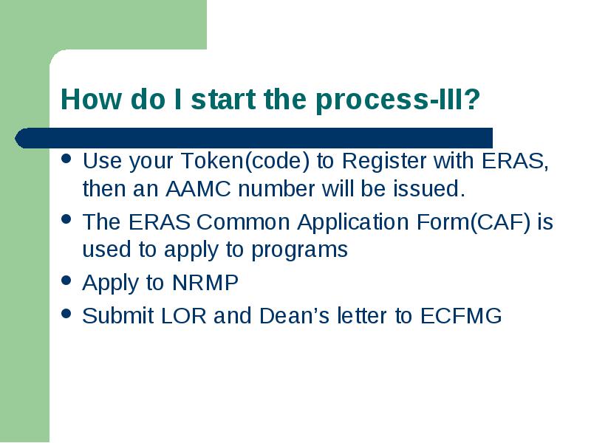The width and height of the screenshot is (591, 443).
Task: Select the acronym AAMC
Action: pos(198,189)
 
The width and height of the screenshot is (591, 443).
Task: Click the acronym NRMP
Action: pos(205,283)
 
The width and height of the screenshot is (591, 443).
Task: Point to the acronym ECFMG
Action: pos(461,316)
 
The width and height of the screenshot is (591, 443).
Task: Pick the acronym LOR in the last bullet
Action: pos(183,316)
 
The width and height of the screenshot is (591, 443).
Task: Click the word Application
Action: pos(353,223)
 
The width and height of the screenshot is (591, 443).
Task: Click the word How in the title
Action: pos(91,99)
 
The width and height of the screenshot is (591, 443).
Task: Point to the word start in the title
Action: pos(223,99)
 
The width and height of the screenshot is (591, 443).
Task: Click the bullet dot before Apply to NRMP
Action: pos(66,280)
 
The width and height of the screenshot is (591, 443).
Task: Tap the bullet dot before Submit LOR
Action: pos(66,313)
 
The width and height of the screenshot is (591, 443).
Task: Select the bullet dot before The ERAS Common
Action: pos(66,219)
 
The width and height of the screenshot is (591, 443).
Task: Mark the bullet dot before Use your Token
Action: pos(66,158)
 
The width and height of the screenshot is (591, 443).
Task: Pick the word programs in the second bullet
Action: pos(299,250)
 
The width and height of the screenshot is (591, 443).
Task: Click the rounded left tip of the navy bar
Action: pos(15,138)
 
